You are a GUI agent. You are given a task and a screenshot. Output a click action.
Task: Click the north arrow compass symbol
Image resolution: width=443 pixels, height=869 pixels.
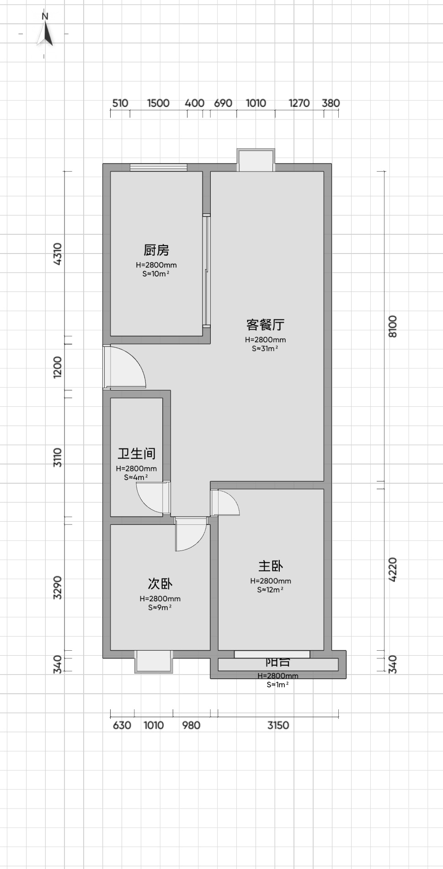[x=45, y=33]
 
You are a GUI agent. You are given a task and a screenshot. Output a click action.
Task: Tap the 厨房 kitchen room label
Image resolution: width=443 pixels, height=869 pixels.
[x=156, y=250]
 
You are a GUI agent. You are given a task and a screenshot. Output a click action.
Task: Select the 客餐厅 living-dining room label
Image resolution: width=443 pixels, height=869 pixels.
[x=265, y=324]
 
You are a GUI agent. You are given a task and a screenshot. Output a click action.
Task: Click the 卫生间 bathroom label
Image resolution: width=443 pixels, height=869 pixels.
[x=137, y=453]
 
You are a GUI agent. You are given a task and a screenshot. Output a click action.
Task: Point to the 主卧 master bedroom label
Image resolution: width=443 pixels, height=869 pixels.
[x=271, y=566]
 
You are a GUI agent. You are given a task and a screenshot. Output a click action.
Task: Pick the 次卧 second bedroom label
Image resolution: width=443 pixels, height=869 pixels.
[x=160, y=583]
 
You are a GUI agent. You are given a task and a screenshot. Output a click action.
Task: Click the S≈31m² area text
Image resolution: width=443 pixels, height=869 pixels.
[x=265, y=349]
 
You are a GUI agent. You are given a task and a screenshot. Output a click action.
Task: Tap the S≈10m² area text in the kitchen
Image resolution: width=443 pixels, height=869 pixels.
[x=156, y=274]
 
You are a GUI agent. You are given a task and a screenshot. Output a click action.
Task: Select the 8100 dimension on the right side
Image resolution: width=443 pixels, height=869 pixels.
[x=393, y=326]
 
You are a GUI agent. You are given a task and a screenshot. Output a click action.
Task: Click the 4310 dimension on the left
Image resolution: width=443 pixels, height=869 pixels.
[x=58, y=254]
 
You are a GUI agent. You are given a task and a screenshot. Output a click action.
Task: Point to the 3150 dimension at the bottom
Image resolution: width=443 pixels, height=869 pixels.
[x=278, y=725]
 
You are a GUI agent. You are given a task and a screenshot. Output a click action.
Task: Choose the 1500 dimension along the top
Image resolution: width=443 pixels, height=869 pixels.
[x=158, y=103]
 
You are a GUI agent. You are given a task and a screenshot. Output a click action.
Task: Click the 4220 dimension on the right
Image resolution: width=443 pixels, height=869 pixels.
[x=393, y=569]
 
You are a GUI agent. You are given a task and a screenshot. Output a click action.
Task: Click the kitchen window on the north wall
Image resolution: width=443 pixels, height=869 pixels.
[x=159, y=167]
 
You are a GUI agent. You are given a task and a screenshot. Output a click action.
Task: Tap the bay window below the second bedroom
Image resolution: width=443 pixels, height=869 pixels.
[x=154, y=662]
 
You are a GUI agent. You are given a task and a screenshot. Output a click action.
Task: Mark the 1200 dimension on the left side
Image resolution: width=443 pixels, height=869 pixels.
[x=58, y=367]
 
